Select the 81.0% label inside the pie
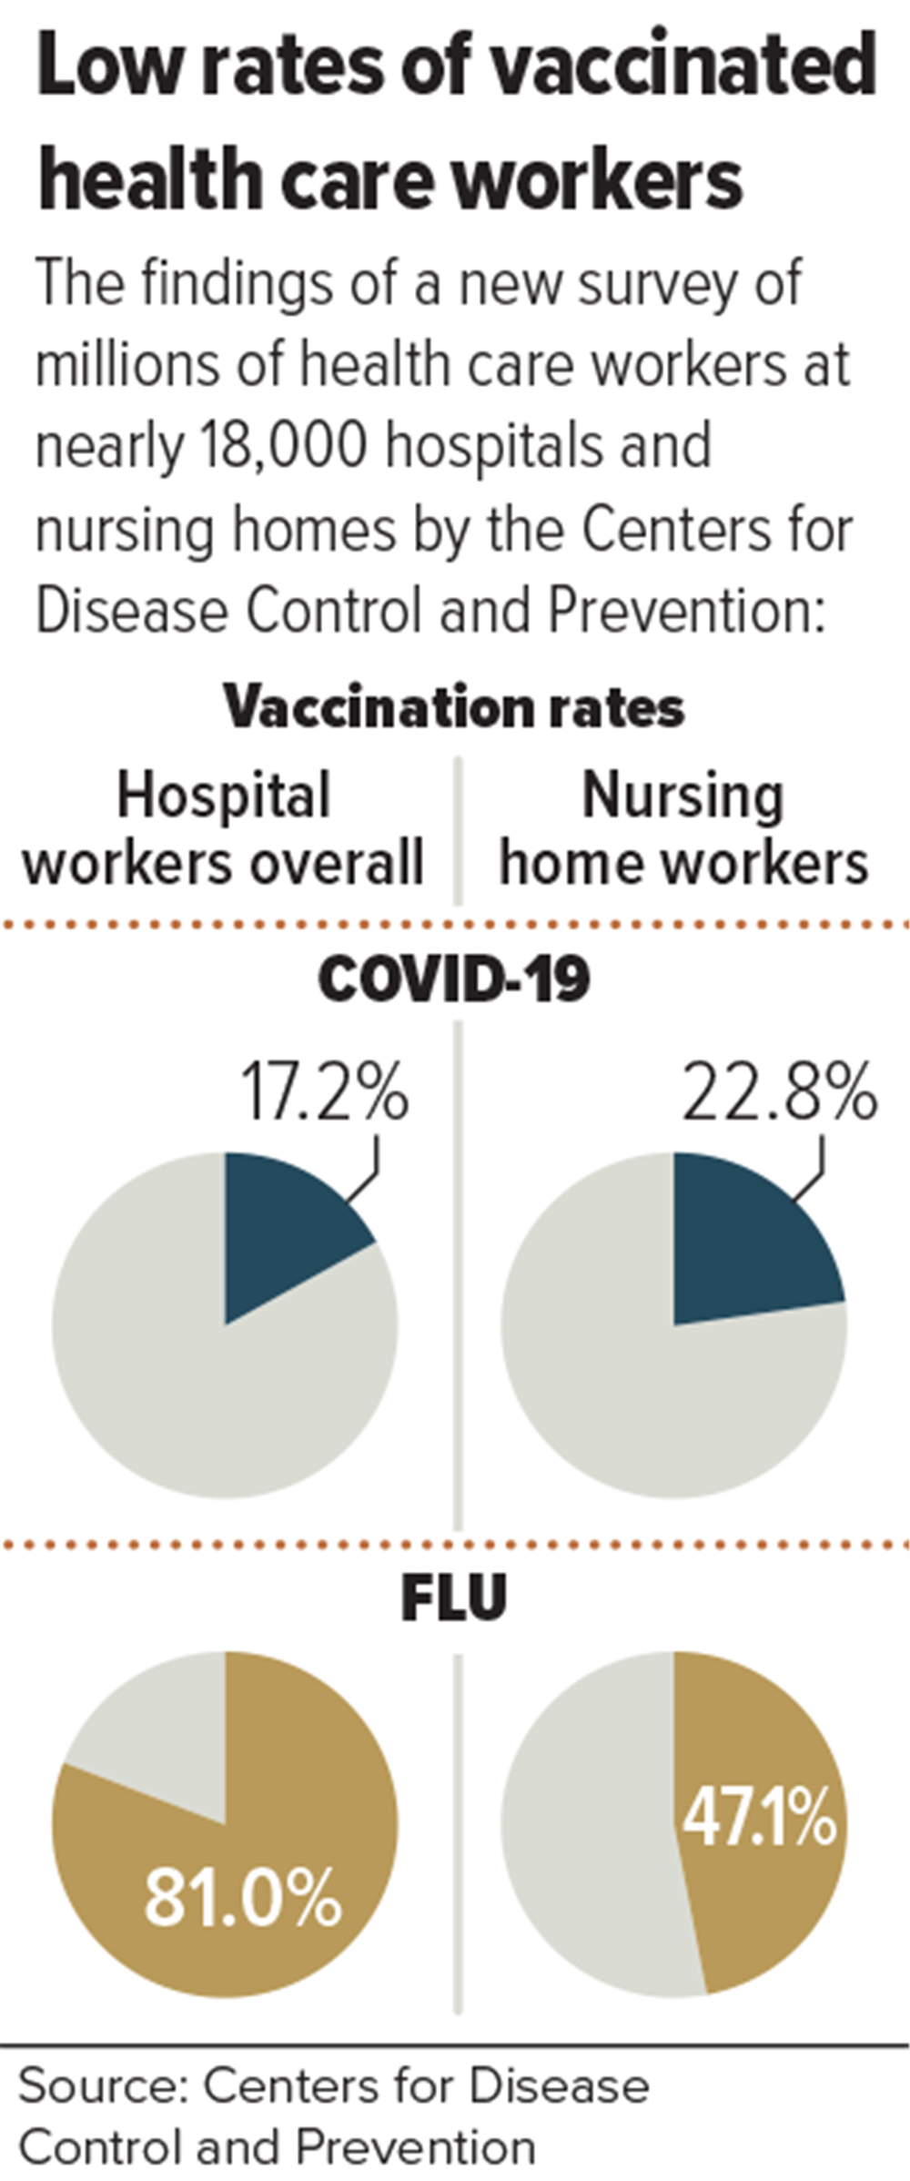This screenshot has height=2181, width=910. tap(243, 1896)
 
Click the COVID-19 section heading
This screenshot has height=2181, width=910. tap(454, 979)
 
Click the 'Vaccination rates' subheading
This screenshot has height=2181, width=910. tap(454, 707)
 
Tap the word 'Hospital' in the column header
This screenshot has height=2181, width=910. tap(224, 797)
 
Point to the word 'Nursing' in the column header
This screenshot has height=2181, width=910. tap(682, 797)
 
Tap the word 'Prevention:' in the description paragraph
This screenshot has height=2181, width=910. tap(687, 610)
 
